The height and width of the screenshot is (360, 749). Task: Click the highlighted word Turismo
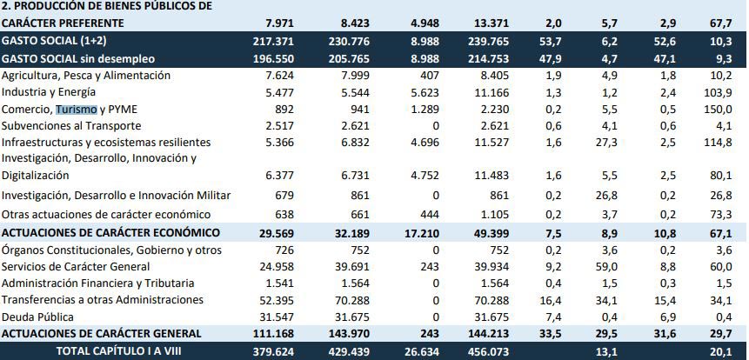[76, 110]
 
